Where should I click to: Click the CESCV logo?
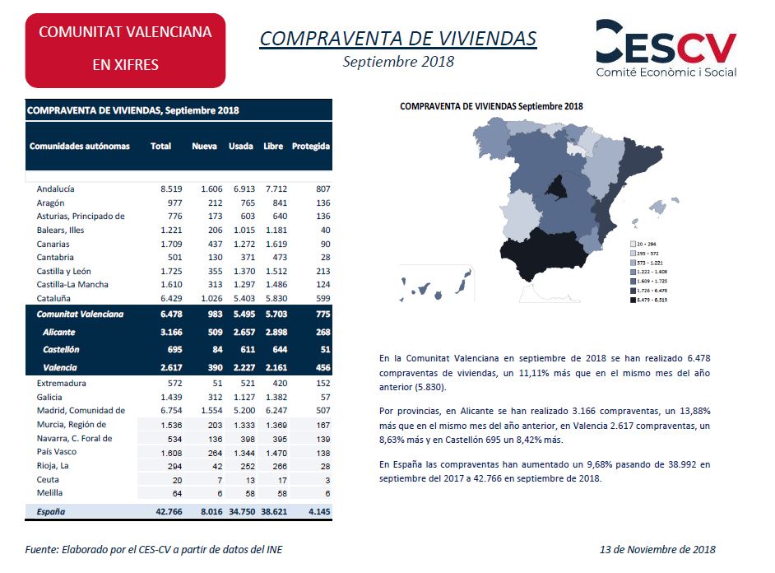click(666, 49)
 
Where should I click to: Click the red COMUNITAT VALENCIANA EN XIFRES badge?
click(126, 50)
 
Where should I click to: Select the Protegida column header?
click(310, 147)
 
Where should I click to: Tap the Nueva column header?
click(204, 147)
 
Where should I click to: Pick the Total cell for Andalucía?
click(171, 189)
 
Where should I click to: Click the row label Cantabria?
click(55, 257)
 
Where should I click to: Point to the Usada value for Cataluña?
click(244, 299)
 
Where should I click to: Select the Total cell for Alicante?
click(171, 333)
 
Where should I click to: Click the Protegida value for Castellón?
click(325, 350)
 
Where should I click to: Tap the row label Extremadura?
click(61, 383)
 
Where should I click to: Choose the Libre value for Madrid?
click(276, 410)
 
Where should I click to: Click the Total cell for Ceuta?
click(178, 480)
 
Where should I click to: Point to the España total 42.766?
click(169, 512)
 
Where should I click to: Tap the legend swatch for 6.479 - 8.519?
click(633, 300)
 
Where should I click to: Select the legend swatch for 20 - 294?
click(633, 244)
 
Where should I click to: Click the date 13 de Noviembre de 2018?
click(657, 549)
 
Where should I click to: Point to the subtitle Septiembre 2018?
click(398, 62)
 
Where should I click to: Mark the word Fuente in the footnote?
click(41, 550)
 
